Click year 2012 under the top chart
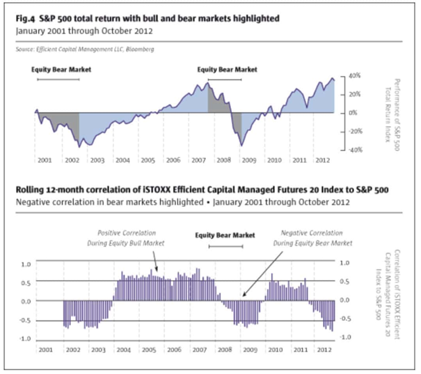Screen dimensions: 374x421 (x=322, y=160)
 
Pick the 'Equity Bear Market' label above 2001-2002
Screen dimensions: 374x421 (x=61, y=70)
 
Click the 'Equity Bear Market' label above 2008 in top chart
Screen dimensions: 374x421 (x=227, y=70)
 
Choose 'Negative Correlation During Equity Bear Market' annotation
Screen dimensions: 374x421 (x=314, y=238)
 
